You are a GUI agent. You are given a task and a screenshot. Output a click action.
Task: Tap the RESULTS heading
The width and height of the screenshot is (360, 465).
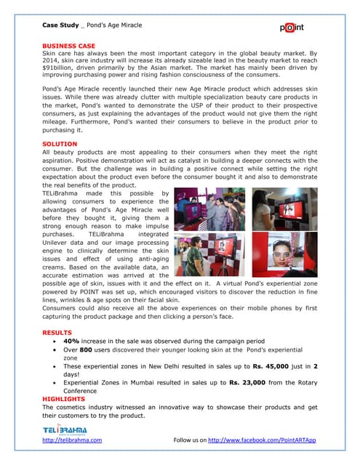pos(57,332)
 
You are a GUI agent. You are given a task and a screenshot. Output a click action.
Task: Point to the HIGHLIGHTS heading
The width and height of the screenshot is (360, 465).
pos(64,399)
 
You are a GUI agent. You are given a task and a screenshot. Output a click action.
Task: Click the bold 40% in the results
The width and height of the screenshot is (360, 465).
pos(71,341)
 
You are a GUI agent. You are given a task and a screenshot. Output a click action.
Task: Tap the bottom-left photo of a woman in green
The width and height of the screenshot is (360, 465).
pos(210,254)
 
